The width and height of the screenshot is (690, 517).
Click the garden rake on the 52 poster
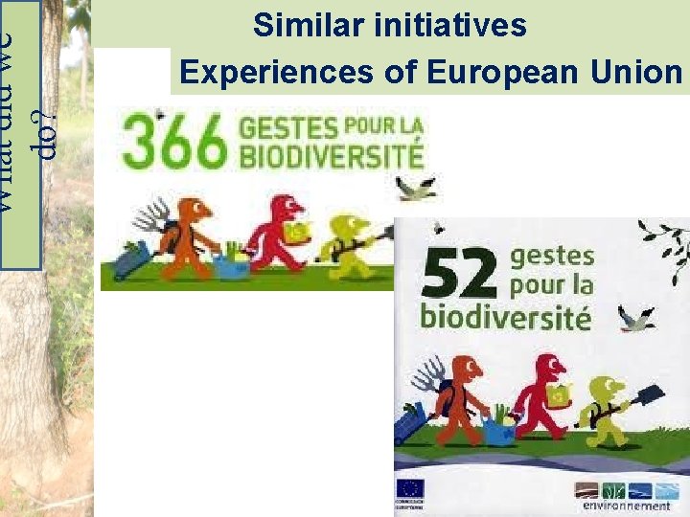(x=428, y=375)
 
